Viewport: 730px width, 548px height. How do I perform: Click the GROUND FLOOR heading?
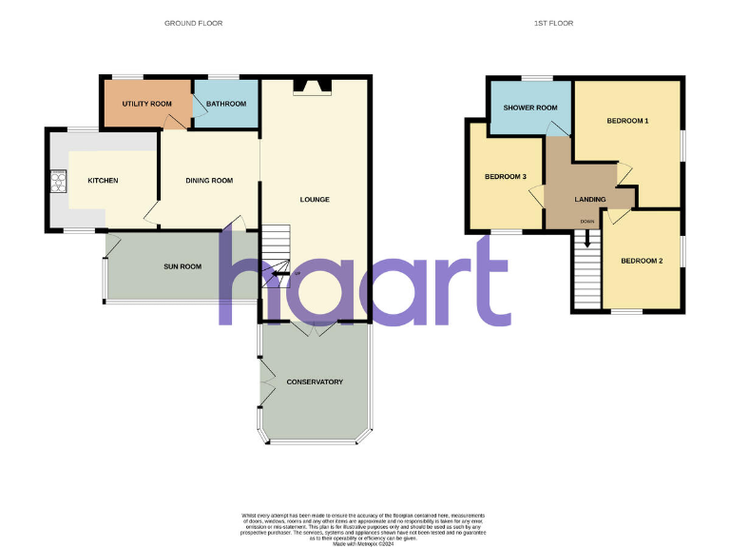pyautogui.click(x=194, y=23)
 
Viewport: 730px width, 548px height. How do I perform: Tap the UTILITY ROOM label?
pyautogui.click(x=147, y=104)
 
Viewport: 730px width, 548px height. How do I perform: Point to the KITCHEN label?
pyautogui.click(x=103, y=181)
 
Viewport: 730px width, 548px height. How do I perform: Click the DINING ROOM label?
pyautogui.click(x=209, y=181)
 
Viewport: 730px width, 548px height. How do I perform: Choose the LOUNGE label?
pyautogui.click(x=315, y=200)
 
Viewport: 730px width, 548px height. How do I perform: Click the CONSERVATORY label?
pyautogui.click(x=315, y=382)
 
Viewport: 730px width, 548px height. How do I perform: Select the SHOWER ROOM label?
pyautogui.click(x=530, y=108)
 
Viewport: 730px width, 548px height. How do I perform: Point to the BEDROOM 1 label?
pyautogui.click(x=627, y=121)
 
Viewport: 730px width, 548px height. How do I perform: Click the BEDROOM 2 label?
pyautogui.click(x=642, y=261)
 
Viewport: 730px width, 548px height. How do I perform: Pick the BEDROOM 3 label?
pyautogui.click(x=506, y=176)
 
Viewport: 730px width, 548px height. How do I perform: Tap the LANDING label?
pyautogui.click(x=590, y=199)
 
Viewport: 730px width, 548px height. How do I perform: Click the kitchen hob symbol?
pyautogui.click(x=58, y=181)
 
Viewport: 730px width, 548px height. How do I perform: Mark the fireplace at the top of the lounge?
pyautogui.click(x=312, y=88)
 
